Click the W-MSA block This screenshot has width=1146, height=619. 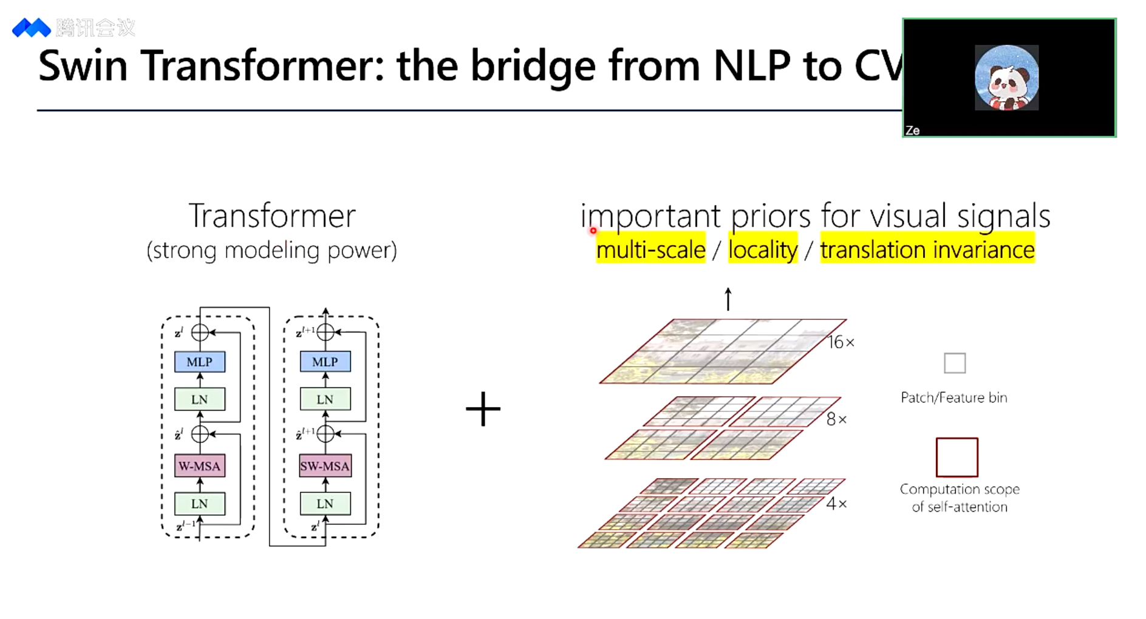coord(200,466)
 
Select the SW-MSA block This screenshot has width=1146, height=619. coord(325,466)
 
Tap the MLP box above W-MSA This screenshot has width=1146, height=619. coord(200,362)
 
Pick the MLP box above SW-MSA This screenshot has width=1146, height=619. coord(325,362)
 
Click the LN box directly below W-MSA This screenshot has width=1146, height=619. coord(200,504)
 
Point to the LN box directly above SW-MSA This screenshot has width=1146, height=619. coord(325,399)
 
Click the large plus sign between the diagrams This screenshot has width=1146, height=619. coord(483,409)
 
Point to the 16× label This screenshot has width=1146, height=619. coord(841,342)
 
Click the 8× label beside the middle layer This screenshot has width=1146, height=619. coord(836,419)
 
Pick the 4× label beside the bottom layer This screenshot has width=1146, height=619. coord(836,503)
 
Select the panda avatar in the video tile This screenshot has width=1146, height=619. coord(1006,78)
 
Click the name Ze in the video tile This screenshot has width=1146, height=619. coord(912,130)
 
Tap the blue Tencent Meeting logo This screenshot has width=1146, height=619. coord(31,28)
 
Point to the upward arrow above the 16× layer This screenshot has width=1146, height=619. coord(728,299)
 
